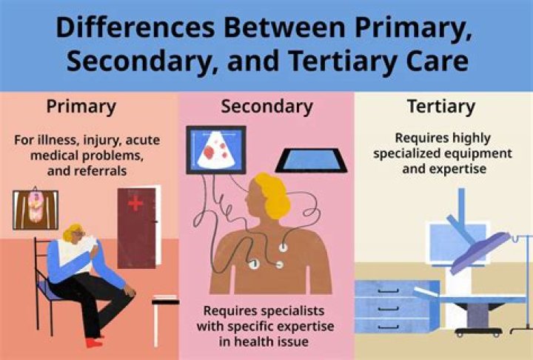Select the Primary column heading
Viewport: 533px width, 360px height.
[x=81, y=107]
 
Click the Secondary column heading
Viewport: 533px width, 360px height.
[x=266, y=107]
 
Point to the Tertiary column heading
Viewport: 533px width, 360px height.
[x=440, y=107]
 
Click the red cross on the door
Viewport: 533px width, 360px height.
[x=135, y=204]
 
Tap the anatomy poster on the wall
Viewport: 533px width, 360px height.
[x=36, y=209]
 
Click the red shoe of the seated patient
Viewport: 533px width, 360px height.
[x=93, y=342]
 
